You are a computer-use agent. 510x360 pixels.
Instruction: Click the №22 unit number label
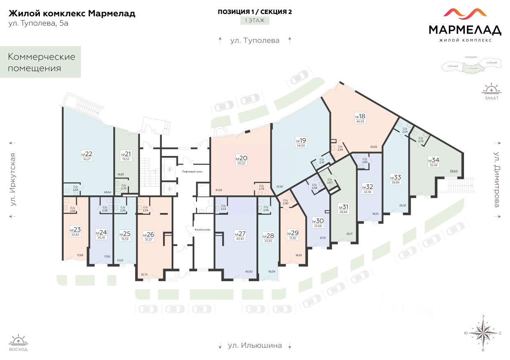(87, 154)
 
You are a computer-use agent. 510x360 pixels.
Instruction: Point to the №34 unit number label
(433, 160)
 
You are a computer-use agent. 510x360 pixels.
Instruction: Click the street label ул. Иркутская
(13, 179)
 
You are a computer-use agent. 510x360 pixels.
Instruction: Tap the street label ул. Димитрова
(497, 179)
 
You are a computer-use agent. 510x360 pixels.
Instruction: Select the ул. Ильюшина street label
(255, 345)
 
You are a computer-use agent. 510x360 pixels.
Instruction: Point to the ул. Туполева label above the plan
(255, 40)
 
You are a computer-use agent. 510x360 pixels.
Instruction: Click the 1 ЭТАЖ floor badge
(255, 20)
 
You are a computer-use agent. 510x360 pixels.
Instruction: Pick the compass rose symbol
(483, 333)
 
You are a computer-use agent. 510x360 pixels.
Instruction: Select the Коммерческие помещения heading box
(41, 62)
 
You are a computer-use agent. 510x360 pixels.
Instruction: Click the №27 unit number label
(239, 234)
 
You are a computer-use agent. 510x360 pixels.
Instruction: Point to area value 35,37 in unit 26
(148, 239)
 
